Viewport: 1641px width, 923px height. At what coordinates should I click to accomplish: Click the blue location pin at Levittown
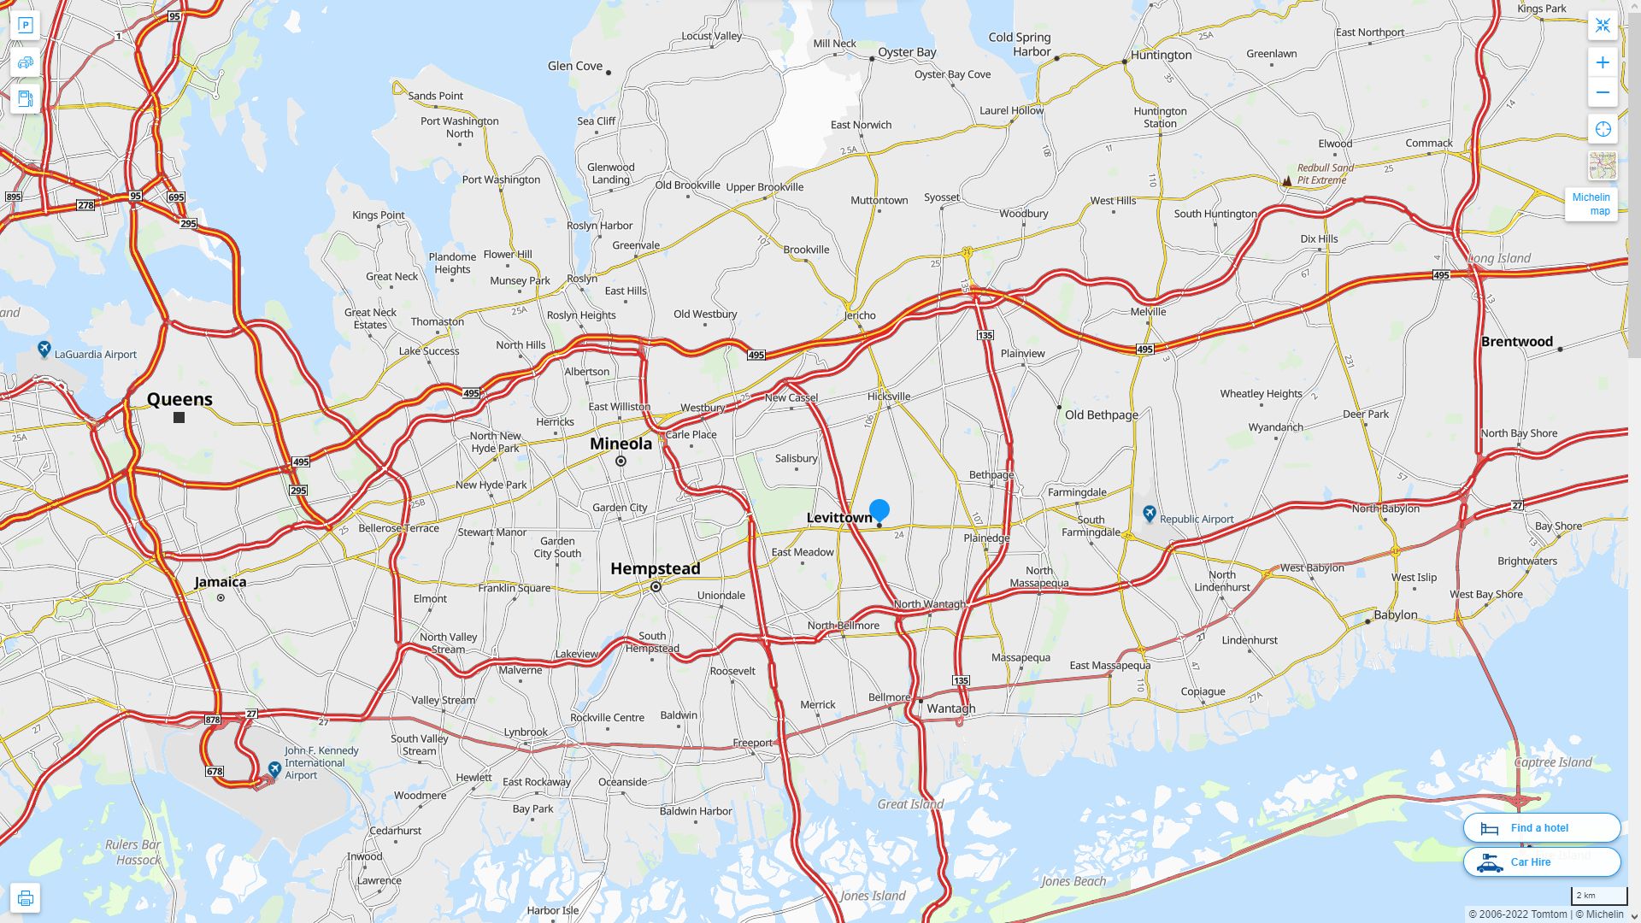pyautogui.click(x=879, y=510)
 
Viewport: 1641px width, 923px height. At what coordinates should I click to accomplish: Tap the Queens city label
pyautogui.click(x=179, y=399)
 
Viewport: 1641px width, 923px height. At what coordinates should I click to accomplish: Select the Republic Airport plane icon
pyautogui.click(x=1150, y=514)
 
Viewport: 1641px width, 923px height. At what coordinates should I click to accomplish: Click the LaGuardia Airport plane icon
pyautogui.click(x=44, y=349)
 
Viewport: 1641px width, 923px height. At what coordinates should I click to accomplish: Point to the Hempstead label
pyautogui.click(x=655, y=568)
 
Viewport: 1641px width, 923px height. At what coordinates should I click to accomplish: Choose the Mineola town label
pyautogui.click(x=621, y=444)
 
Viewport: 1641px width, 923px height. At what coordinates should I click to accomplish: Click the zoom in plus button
pyautogui.click(x=1603, y=62)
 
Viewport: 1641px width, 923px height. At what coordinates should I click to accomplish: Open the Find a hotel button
pyautogui.click(x=1541, y=827)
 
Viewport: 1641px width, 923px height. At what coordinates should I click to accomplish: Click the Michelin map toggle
pyautogui.click(x=1591, y=203)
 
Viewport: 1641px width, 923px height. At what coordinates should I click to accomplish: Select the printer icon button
pyautogui.click(x=25, y=898)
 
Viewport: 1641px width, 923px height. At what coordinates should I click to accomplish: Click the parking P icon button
pyautogui.click(x=25, y=26)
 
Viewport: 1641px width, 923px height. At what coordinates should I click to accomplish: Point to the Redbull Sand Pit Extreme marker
pyautogui.click(x=1286, y=180)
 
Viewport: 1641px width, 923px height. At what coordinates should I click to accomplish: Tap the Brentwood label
pyautogui.click(x=1516, y=342)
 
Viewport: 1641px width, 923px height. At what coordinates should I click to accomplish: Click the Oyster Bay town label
pyautogui.click(x=907, y=52)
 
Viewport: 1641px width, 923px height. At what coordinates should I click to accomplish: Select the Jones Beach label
pyautogui.click(x=1073, y=881)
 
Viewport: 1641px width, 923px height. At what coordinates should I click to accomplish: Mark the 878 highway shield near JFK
pyautogui.click(x=213, y=720)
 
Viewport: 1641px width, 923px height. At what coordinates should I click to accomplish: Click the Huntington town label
pyautogui.click(x=1161, y=55)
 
